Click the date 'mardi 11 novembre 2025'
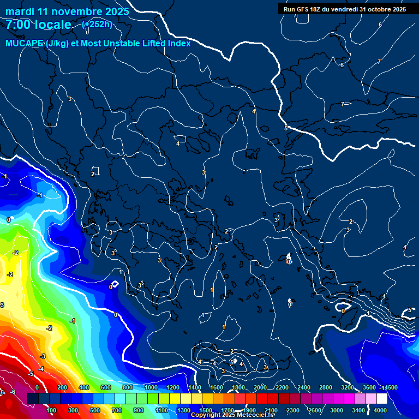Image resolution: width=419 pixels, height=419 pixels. (67, 11)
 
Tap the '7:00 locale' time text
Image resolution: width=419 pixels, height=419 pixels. (39, 25)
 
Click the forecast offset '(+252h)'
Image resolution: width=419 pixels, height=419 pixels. (97, 24)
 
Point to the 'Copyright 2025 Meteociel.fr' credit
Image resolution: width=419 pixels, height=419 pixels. (232, 415)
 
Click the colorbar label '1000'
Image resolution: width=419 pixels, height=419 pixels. (151, 387)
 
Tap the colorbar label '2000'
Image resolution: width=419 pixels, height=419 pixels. (260, 387)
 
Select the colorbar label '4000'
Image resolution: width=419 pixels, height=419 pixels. (380, 410)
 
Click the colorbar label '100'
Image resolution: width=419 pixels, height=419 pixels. (52, 410)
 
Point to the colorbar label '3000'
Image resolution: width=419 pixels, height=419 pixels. (337, 410)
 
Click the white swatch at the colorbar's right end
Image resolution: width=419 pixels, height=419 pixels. (382, 399)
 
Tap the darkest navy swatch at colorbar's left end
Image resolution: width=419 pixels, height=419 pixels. (33, 399)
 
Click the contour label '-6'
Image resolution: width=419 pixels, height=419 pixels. (13, 392)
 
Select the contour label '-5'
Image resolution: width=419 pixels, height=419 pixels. (31, 374)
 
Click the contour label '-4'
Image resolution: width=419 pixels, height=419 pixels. (41, 369)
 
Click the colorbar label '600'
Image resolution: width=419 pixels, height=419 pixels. (106, 387)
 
